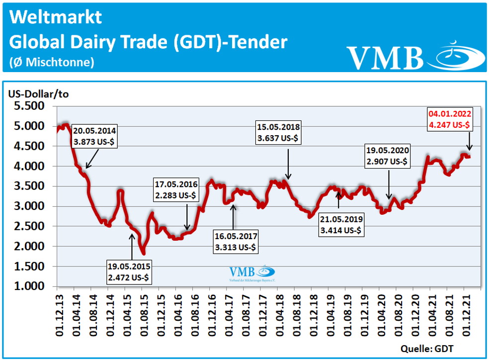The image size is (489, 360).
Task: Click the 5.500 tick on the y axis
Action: tap(29, 106)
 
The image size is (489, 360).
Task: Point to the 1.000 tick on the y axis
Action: tap(29, 287)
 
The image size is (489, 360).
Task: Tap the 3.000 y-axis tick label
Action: tap(29, 206)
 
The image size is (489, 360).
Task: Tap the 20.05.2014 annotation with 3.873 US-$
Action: tap(95, 136)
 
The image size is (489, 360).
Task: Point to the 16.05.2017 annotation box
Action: tap(235, 241)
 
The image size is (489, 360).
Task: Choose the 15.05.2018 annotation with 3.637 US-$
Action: tap(278, 132)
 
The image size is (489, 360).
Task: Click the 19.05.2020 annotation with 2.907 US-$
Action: tap(388, 156)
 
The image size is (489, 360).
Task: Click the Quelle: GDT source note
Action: tap(426, 348)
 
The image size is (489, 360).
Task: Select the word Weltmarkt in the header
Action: tap(56, 17)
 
